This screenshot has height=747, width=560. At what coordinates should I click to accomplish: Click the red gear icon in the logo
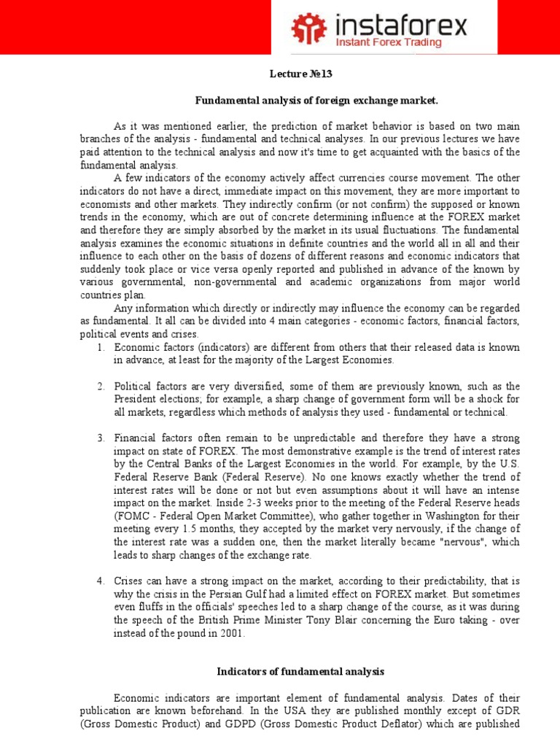coord(308,27)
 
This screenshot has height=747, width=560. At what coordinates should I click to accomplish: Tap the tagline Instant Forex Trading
coord(388,42)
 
